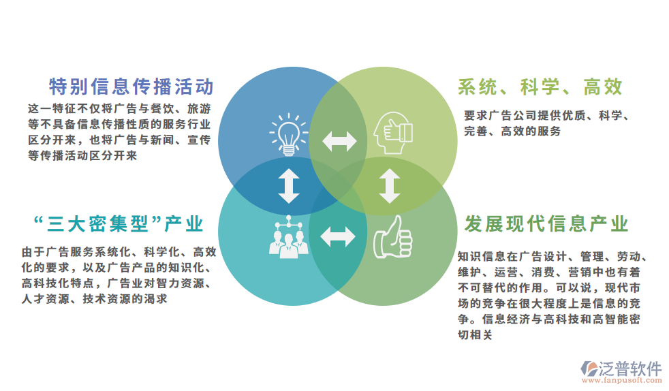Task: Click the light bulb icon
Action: [x=288, y=134]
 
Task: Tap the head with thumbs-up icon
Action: [x=393, y=133]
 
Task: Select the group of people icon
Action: [x=288, y=237]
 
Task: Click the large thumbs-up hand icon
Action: [x=393, y=237]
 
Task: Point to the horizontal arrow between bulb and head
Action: [x=340, y=141]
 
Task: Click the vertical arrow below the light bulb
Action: [x=289, y=186]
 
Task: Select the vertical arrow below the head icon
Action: [x=390, y=186]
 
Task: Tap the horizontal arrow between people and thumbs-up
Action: [x=338, y=237]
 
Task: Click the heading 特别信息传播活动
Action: [x=131, y=87]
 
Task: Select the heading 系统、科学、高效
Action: [x=540, y=87]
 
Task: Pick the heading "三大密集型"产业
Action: [x=118, y=224]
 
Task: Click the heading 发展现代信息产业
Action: [x=546, y=224]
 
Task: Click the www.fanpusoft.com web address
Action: [x=622, y=380]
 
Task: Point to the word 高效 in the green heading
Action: [x=604, y=87]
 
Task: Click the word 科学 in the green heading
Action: [x=540, y=87]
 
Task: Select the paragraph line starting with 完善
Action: [x=512, y=131]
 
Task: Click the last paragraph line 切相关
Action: [x=475, y=334]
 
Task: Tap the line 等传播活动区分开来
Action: [x=82, y=155]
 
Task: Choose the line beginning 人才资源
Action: [x=94, y=299]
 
